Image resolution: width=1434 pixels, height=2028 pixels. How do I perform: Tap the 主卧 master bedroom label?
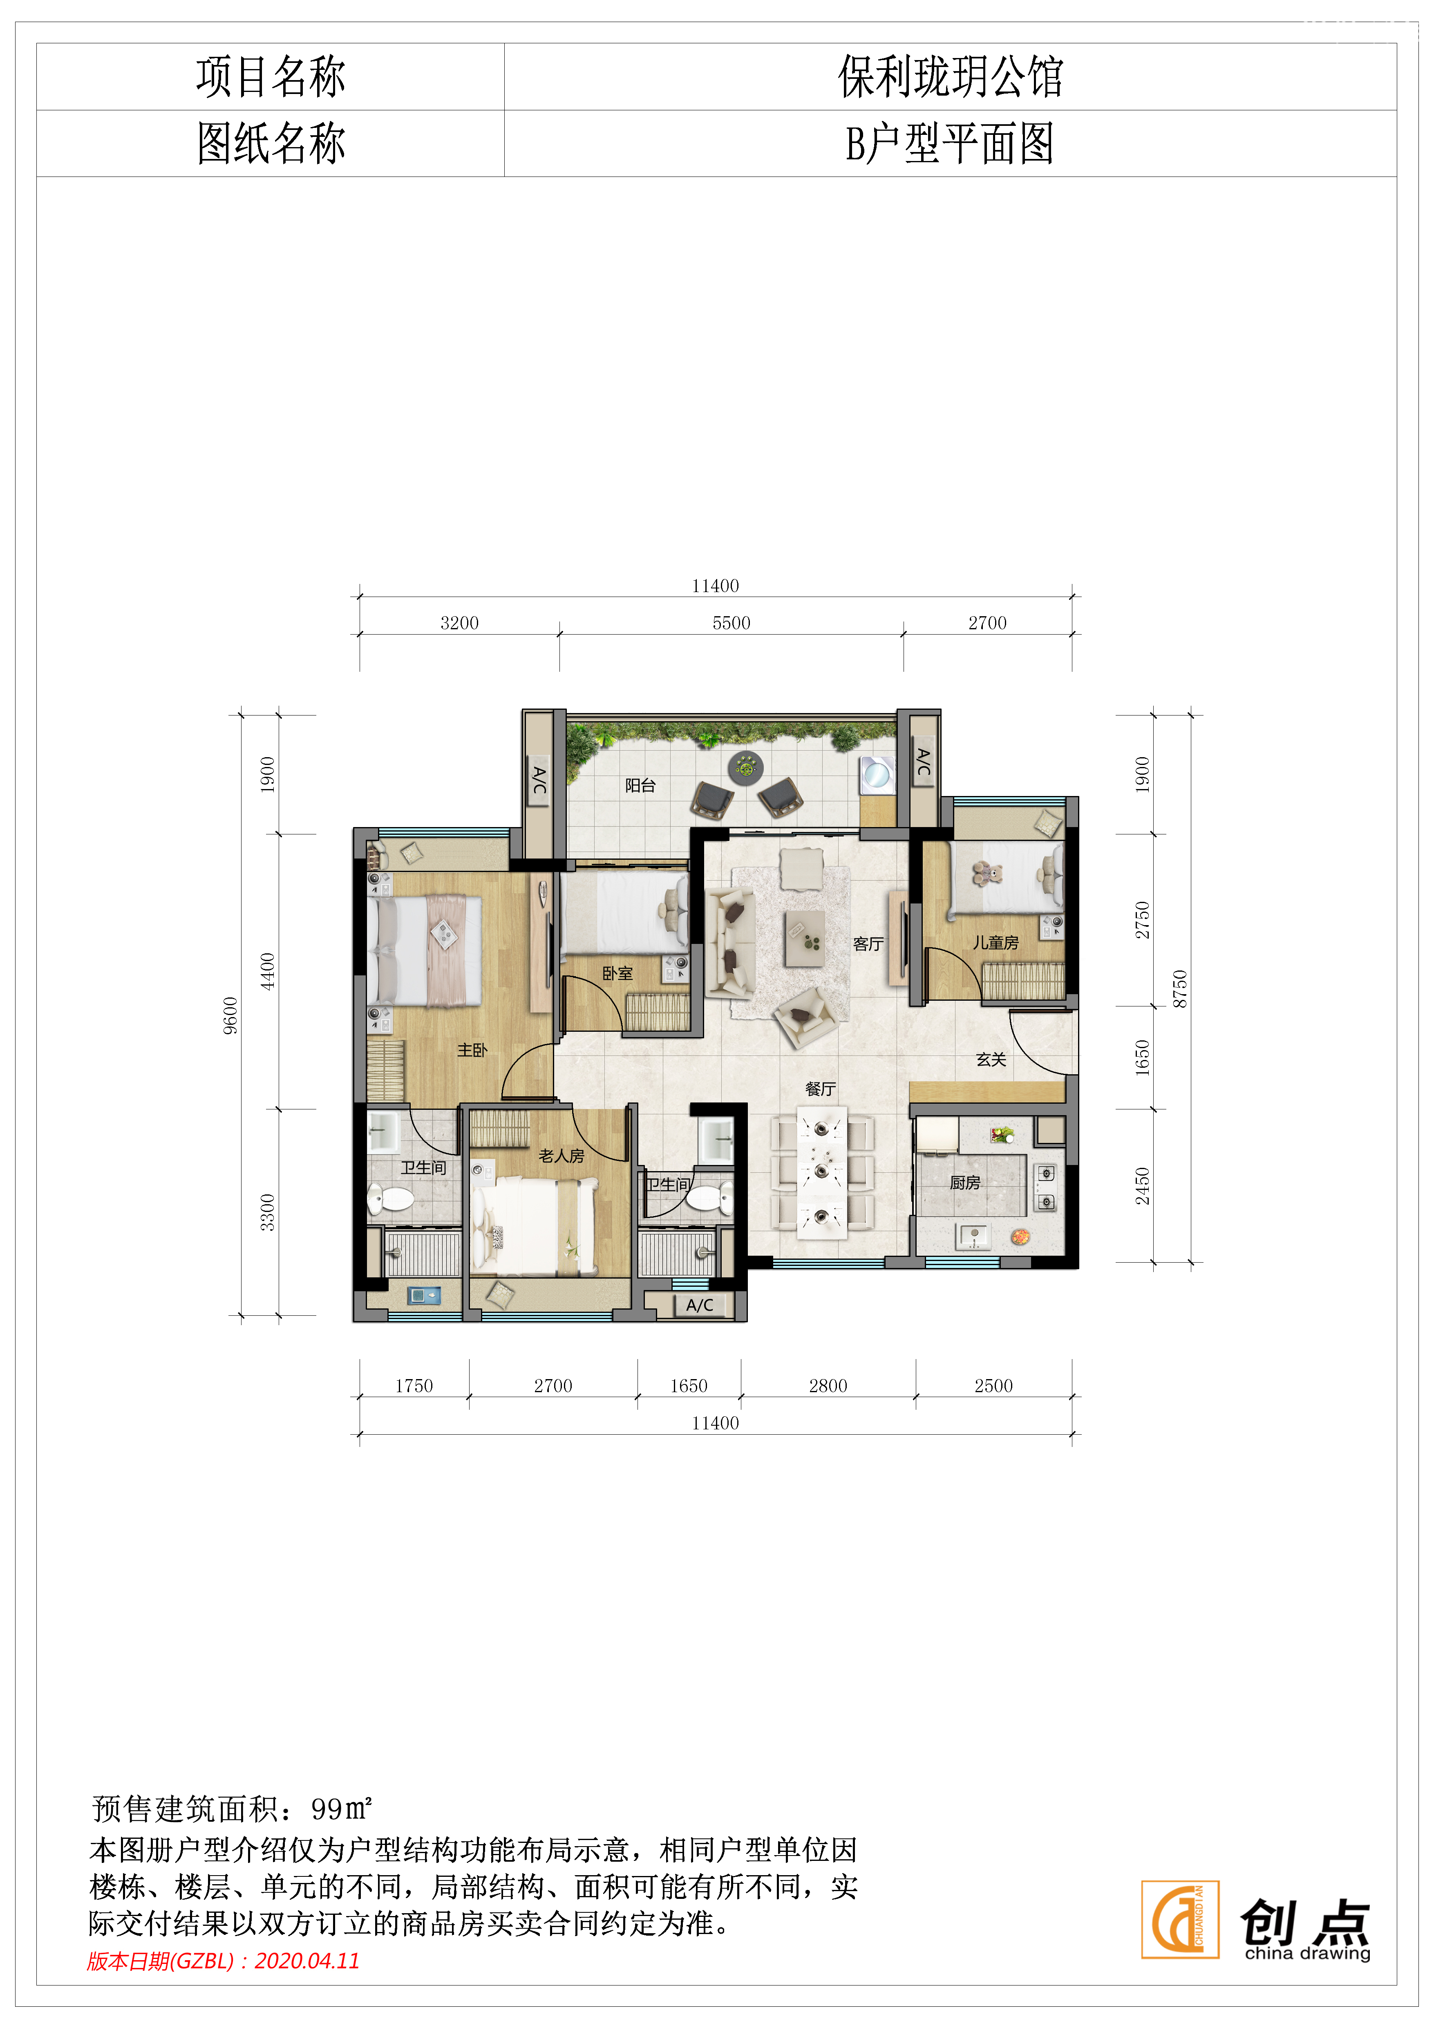[472, 1049]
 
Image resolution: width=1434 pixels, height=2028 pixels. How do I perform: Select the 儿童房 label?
[996, 942]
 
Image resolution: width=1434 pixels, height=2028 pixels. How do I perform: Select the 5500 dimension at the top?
[732, 623]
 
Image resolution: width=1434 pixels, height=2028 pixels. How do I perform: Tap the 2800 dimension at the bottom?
[828, 1386]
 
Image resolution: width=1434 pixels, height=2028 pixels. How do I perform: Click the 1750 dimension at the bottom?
[414, 1386]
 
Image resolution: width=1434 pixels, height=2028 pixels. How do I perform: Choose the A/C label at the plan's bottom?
[700, 1305]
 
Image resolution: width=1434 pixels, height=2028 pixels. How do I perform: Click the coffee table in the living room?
[805, 938]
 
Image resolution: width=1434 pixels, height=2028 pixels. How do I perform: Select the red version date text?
[224, 1961]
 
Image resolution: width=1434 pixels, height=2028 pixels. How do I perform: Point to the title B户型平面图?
[950, 143]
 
